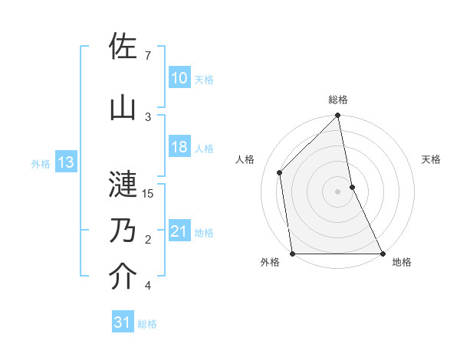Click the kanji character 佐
123,47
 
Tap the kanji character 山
123,108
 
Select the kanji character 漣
123,184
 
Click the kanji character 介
123,277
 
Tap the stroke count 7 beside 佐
148,56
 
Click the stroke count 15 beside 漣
149,193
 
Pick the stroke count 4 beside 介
148,286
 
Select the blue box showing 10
179,78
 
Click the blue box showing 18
179,147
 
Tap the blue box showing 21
179,232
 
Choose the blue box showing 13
65,162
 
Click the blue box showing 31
123,323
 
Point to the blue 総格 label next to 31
147,324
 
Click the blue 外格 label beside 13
40,163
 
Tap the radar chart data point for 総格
337,116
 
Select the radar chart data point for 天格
352,186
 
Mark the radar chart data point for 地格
382,253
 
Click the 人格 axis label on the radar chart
246,159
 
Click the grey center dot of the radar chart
337,191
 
